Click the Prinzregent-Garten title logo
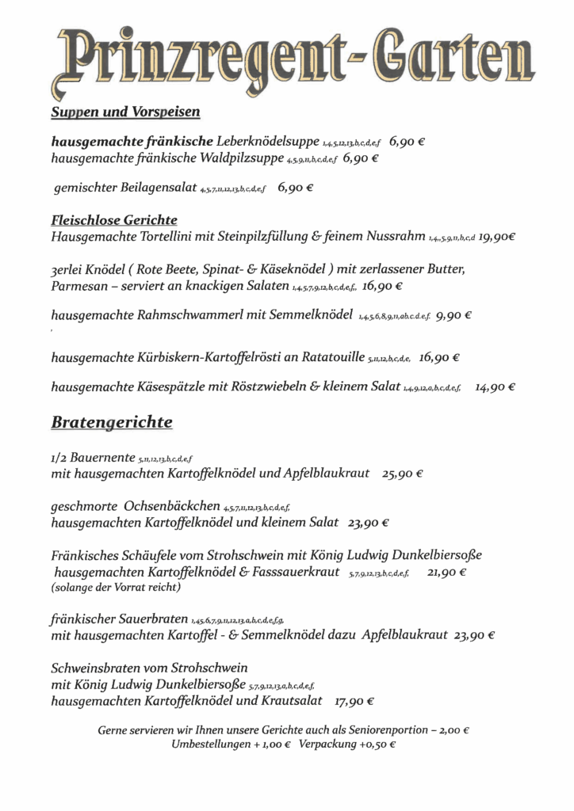291,55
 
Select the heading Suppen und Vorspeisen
125,112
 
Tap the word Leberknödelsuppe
268,141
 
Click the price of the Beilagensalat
296,189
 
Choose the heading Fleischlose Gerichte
114,219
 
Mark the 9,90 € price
454,314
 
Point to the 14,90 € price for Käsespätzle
496,387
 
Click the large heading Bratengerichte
112,422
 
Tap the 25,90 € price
403,474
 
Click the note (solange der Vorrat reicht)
116,588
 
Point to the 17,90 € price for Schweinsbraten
354,701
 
